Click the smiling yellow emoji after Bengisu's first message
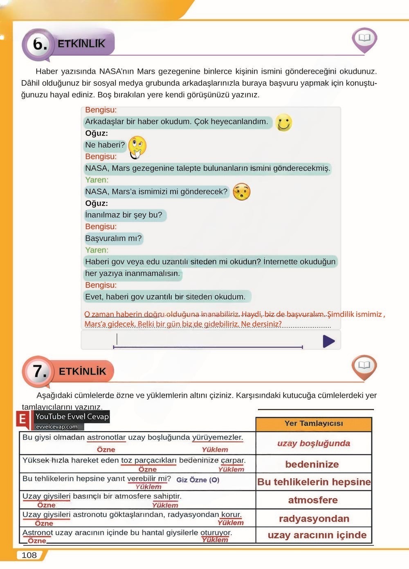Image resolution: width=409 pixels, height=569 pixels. pyautogui.click(x=283, y=122)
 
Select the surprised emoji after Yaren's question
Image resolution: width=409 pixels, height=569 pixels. pyautogui.click(x=241, y=192)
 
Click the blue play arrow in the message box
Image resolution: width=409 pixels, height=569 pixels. pyautogui.click(x=328, y=341)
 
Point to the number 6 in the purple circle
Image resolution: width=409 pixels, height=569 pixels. pyautogui.click(x=39, y=44)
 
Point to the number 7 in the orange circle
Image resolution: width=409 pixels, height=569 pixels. pyautogui.click(x=39, y=371)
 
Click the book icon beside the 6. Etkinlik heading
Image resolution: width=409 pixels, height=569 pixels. pyautogui.click(x=364, y=38)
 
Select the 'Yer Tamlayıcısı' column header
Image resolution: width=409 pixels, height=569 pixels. pyautogui.click(x=314, y=424)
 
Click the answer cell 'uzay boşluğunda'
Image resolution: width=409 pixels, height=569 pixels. pyautogui.click(x=314, y=443)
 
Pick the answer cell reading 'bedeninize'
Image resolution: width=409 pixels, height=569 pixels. pyautogui.click(x=312, y=464)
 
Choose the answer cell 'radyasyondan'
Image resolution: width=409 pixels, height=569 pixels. pyautogui.click(x=314, y=519)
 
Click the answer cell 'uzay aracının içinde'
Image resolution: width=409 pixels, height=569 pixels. pyautogui.click(x=317, y=535)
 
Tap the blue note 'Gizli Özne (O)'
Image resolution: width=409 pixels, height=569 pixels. pyautogui.click(x=198, y=480)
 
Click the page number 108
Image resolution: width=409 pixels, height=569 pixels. pyautogui.click(x=29, y=555)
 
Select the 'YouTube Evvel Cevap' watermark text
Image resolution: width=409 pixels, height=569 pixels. pyautogui.click(x=72, y=417)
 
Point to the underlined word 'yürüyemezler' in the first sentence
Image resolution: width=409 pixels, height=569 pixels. pyautogui.click(x=218, y=437)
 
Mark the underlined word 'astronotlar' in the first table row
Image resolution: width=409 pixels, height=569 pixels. pyautogui.click(x=106, y=437)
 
